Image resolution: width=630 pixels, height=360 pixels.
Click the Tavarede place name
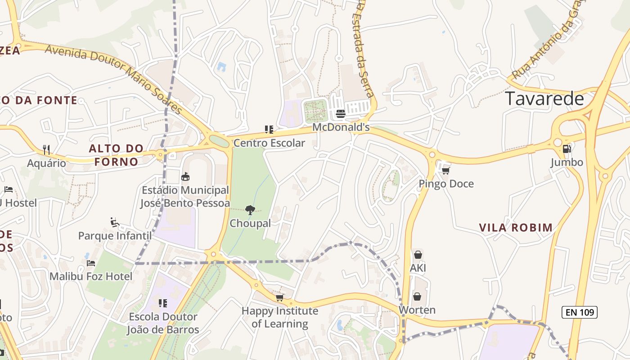click(544, 99)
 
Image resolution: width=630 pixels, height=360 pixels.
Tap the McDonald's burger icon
click(341, 113)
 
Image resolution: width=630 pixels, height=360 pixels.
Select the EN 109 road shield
click(579, 312)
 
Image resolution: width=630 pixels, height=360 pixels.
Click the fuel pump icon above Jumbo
click(567, 148)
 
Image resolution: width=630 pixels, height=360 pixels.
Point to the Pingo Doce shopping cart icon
click(446, 170)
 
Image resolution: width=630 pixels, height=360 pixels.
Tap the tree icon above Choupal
click(250, 210)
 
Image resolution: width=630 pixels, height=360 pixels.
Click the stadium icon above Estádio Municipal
click(185, 176)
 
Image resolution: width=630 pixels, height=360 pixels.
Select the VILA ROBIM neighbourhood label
click(516, 228)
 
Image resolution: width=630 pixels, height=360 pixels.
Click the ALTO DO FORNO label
click(116, 155)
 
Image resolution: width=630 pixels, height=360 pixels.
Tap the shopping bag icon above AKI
click(418, 255)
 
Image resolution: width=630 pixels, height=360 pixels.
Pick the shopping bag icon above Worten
click(417, 297)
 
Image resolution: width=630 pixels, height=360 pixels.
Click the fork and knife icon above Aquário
click(46, 149)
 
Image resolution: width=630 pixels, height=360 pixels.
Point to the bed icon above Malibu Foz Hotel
click(91, 263)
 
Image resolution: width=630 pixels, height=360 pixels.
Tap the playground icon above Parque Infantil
click(115, 222)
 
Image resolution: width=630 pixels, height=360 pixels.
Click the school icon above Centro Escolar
click(269, 130)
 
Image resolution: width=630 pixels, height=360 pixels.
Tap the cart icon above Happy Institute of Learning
click(279, 297)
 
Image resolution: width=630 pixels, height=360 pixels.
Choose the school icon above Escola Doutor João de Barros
click(163, 303)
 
